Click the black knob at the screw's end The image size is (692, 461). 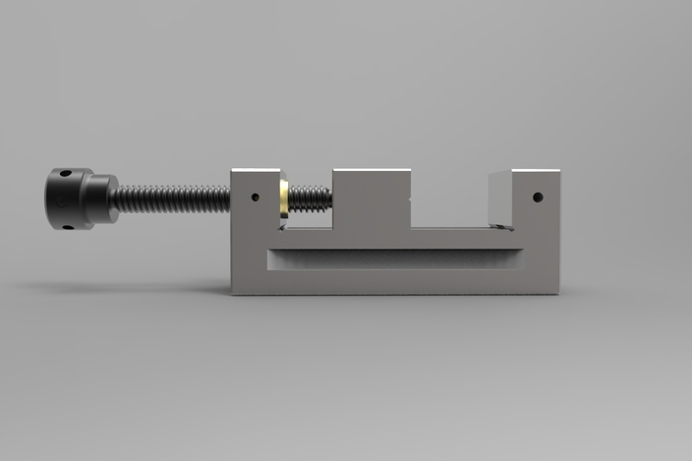click(69, 199)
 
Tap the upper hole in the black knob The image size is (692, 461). click(65, 175)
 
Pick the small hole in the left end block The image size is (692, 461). click(255, 196)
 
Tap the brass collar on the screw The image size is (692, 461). click(283, 199)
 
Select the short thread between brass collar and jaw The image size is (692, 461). click(310, 199)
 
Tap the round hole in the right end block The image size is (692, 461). click(538, 197)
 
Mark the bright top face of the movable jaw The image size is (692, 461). click(371, 171)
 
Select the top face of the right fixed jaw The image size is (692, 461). click(525, 173)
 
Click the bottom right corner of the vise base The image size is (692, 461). click(558, 293)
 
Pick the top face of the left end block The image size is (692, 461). click(258, 171)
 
